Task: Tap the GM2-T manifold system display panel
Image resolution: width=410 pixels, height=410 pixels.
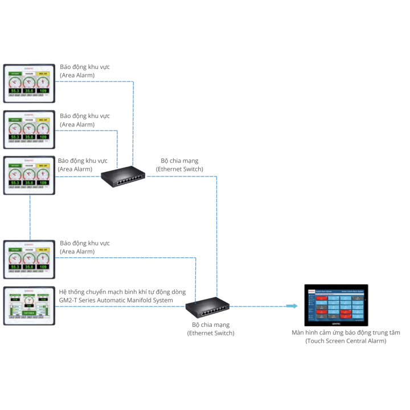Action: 29,305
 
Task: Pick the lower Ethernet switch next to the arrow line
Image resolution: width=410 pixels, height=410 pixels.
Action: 208,308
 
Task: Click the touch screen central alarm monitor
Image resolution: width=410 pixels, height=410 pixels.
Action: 336,305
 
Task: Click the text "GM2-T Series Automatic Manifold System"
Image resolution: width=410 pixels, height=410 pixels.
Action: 116,300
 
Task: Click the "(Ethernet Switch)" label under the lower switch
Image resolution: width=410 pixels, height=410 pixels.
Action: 211,333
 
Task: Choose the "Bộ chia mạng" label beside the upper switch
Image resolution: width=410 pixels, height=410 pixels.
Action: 179,161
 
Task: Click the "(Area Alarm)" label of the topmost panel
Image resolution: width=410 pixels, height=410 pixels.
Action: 77,75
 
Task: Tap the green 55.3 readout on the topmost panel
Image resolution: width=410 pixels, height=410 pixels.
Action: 15,91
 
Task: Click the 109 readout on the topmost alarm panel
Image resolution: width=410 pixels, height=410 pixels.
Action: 43,91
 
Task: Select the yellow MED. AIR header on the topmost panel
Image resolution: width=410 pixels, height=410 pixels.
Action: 43,73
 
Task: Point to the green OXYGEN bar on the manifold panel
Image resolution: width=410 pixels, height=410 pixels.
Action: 29,313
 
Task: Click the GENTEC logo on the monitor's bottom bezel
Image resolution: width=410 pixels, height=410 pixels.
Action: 336,323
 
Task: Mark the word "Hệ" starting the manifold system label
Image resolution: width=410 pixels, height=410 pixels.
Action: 63,291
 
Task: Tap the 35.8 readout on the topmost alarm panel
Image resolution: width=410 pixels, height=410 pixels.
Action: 29,91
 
